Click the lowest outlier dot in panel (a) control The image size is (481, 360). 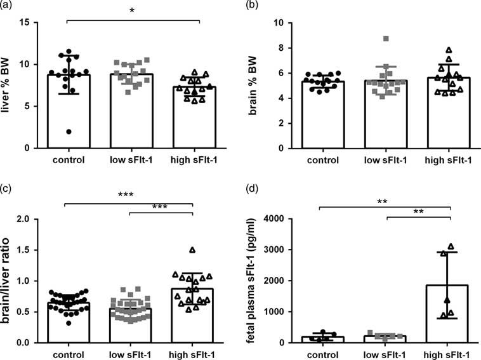tap(69, 131)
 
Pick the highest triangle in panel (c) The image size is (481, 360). tap(192, 250)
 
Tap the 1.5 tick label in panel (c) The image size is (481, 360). tap(38, 250)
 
